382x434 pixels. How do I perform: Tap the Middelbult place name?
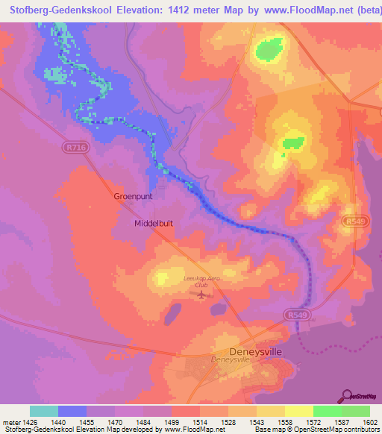click(154, 223)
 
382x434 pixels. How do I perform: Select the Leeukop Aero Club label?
click(199, 281)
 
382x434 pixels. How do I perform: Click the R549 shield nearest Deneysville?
click(295, 316)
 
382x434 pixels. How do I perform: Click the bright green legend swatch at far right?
click(355, 411)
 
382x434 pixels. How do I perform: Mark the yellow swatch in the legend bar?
click(298, 411)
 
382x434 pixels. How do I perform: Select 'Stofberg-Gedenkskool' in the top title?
click(58, 11)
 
